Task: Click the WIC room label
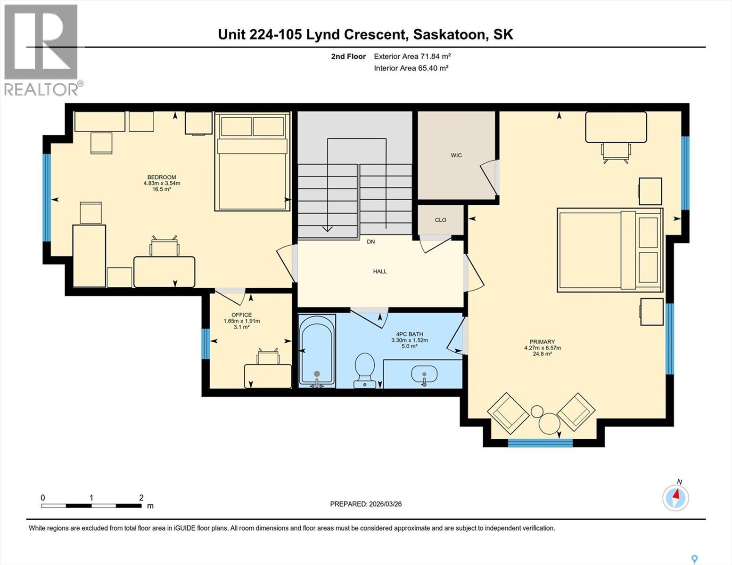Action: pyautogui.click(x=456, y=155)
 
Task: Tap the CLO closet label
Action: pyautogui.click(x=440, y=220)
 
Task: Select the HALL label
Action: pyautogui.click(x=380, y=271)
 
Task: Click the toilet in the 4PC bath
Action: pyautogui.click(x=364, y=369)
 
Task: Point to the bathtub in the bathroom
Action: pyautogui.click(x=317, y=351)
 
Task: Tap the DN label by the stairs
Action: pyautogui.click(x=371, y=242)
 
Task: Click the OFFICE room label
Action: pyautogui.click(x=241, y=315)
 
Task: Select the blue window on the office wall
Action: pyautogui.click(x=205, y=344)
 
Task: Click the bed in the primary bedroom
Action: pyautogui.click(x=610, y=250)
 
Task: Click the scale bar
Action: pyautogui.click(x=91, y=506)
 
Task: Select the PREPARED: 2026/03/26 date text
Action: pyautogui.click(x=366, y=504)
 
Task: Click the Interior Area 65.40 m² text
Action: pyautogui.click(x=411, y=68)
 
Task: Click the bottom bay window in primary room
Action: pyautogui.click(x=540, y=443)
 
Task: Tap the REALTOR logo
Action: pyautogui.click(x=41, y=49)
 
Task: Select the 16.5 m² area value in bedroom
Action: pyautogui.click(x=162, y=189)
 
